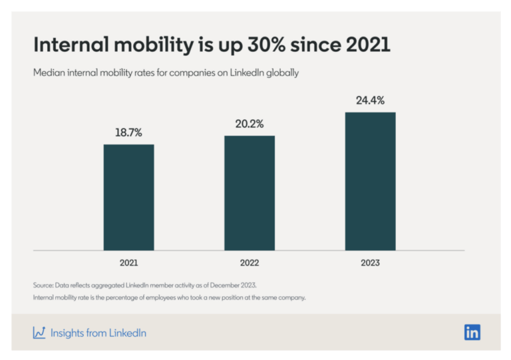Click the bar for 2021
point(128,197)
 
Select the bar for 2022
point(250,193)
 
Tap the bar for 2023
point(370,181)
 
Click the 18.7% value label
point(128,132)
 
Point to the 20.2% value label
point(250,124)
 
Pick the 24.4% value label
point(370,100)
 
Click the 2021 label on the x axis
point(128,263)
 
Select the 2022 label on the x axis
point(250,263)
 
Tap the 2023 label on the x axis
point(370,263)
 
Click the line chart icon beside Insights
point(39,333)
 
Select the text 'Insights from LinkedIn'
point(98,333)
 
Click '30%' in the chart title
point(273,45)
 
